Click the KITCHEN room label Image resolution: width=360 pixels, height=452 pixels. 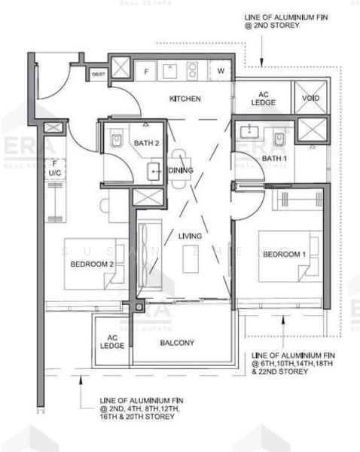185,99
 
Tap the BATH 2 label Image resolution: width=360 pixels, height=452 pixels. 148,142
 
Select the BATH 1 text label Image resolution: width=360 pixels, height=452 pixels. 275,158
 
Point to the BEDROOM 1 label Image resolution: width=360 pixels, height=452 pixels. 284,254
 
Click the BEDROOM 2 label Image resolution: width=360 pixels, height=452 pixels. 92,264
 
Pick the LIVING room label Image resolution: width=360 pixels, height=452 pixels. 191,237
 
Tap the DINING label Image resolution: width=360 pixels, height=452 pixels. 182,170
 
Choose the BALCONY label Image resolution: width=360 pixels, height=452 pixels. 177,343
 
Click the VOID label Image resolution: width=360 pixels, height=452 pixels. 310,97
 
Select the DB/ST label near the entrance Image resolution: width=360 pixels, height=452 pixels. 99,75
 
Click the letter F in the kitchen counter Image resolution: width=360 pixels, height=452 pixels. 147,72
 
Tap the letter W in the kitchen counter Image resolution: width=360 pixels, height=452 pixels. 221,72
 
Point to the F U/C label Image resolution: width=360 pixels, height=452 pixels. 54,167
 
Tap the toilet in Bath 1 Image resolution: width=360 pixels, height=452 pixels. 279,139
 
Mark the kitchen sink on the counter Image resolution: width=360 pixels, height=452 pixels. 169,71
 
